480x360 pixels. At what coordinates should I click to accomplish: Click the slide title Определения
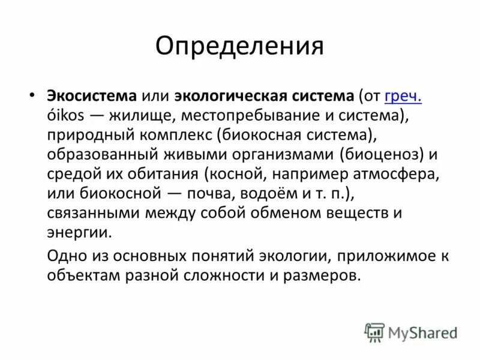coord(239,46)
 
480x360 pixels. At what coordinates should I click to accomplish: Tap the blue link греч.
coord(403,95)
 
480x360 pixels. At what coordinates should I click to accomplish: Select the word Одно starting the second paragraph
coord(66,256)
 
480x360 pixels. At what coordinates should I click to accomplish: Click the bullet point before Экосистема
coord(32,96)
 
